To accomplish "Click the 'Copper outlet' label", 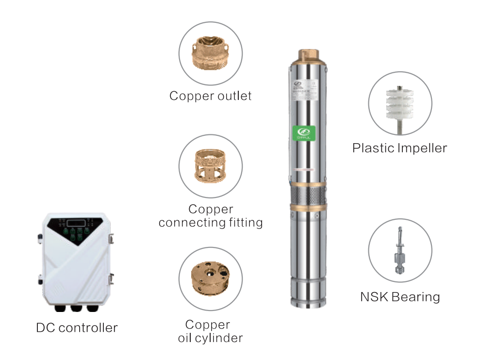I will pos(210,96).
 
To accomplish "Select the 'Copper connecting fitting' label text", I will pos(211,216).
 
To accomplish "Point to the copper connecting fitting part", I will pos(210,165).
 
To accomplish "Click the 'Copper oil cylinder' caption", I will pos(210,331).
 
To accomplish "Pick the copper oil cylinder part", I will pos(210,279).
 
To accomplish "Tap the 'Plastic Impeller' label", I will pos(399,148).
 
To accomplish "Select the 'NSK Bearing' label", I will pos(399,296).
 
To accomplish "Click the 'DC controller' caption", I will pos(77,327).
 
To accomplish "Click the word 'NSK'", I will pos(375,296).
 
